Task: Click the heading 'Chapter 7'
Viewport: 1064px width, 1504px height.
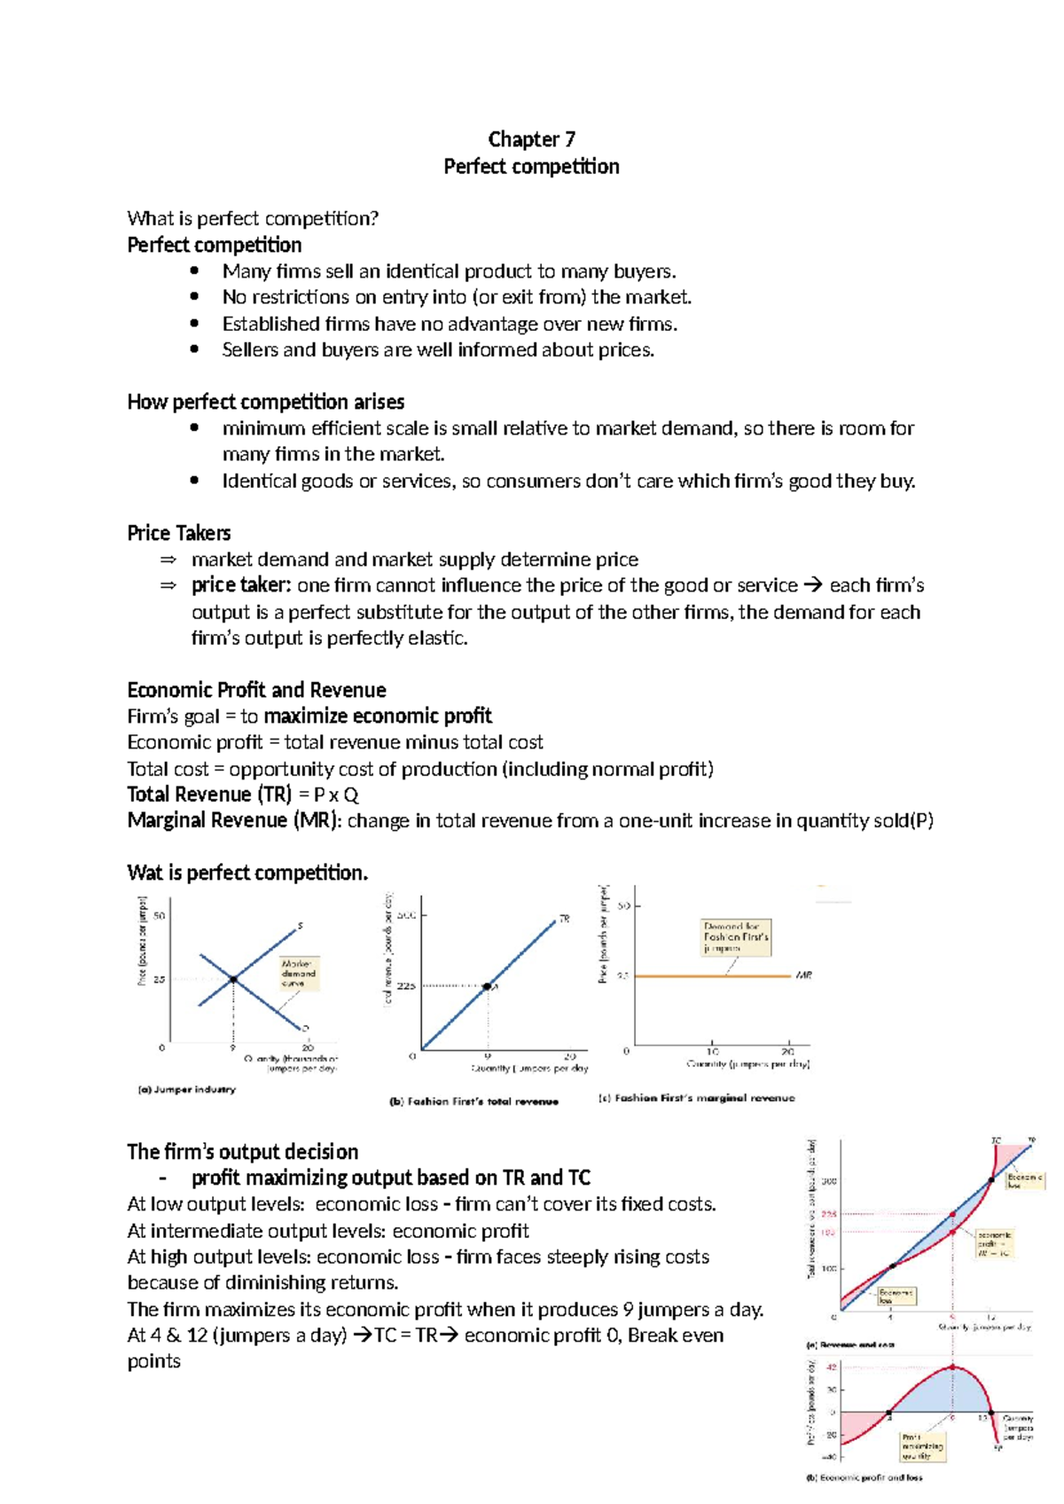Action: point(531,139)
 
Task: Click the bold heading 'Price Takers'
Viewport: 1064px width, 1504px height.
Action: point(178,533)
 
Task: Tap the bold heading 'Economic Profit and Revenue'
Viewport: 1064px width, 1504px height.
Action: point(256,690)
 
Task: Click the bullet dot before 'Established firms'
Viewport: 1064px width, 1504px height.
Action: point(194,324)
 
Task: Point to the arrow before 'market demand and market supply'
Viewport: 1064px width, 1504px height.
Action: point(168,560)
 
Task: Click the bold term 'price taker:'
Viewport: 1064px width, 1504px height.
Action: point(240,585)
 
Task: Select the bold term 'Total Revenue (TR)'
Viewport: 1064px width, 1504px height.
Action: point(209,795)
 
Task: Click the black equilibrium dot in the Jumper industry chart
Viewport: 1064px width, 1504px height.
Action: point(233,979)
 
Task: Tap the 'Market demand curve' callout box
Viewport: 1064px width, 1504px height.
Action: point(298,973)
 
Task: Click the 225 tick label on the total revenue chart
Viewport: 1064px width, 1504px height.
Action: point(405,986)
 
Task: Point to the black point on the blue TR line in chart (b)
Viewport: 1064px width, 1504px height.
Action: point(487,986)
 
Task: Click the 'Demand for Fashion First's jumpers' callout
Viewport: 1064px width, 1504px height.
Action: point(736,937)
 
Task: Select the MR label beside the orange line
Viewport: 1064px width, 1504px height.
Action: point(803,975)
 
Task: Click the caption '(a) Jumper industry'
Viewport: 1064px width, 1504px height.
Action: point(186,1089)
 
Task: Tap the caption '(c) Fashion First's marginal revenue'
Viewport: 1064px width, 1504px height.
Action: point(696,1098)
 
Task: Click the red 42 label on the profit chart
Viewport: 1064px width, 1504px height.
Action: point(831,1367)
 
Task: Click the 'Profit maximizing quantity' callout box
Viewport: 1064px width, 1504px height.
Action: point(922,1446)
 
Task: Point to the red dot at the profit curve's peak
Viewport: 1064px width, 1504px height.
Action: point(953,1367)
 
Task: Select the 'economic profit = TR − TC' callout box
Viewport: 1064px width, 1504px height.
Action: point(994,1243)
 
